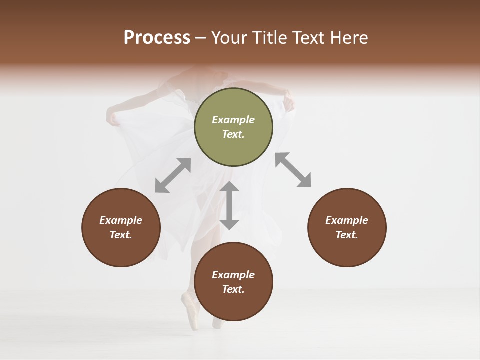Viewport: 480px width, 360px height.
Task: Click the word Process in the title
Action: (x=157, y=38)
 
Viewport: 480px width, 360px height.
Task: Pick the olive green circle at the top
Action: (x=233, y=127)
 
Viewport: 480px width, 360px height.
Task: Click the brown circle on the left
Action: (x=121, y=227)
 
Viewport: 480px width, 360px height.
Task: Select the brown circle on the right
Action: (x=347, y=227)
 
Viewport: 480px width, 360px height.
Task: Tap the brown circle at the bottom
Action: (x=233, y=281)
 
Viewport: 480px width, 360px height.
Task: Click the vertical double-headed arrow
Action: (x=229, y=205)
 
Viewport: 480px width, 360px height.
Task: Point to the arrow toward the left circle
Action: (x=173, y=175)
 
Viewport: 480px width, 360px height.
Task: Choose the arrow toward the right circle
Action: (x=293, y=170)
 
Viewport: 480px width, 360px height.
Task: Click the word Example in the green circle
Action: (x=233, y=120)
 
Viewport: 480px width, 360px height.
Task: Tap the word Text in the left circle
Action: (x=121, y=235)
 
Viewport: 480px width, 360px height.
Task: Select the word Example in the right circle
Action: (x=347, y=220)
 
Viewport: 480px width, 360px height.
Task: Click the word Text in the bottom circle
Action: (x=233, y=289)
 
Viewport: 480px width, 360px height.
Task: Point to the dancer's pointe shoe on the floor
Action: (x=190, y=310)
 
